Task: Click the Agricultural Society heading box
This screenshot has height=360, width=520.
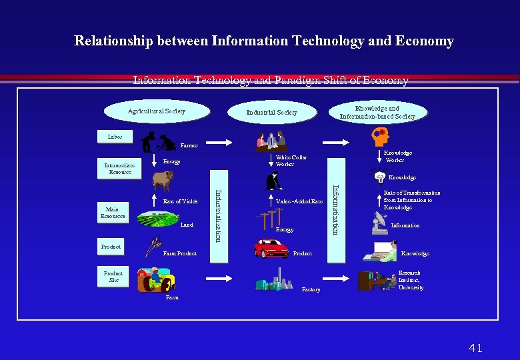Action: [x=157, y=111]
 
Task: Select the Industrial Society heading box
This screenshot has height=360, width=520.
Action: [x=271, y=112]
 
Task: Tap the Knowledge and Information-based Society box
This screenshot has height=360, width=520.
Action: [x=377, y=112]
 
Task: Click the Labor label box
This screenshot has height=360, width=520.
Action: [x=115, y=136]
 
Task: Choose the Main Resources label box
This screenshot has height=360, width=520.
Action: [x=112, y=213]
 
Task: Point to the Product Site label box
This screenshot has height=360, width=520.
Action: [x=113, y=277]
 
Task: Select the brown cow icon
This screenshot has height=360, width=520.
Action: [x=163, y=180]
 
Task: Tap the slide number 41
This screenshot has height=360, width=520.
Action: [x=475, y=348]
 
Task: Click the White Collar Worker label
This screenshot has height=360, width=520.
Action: [x=291, y=161]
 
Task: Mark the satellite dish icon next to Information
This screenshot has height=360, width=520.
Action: [x=379, y=224]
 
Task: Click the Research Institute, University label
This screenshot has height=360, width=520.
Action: [x=411, y=280]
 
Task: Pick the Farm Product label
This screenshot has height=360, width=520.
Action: [x=179, y=253]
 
